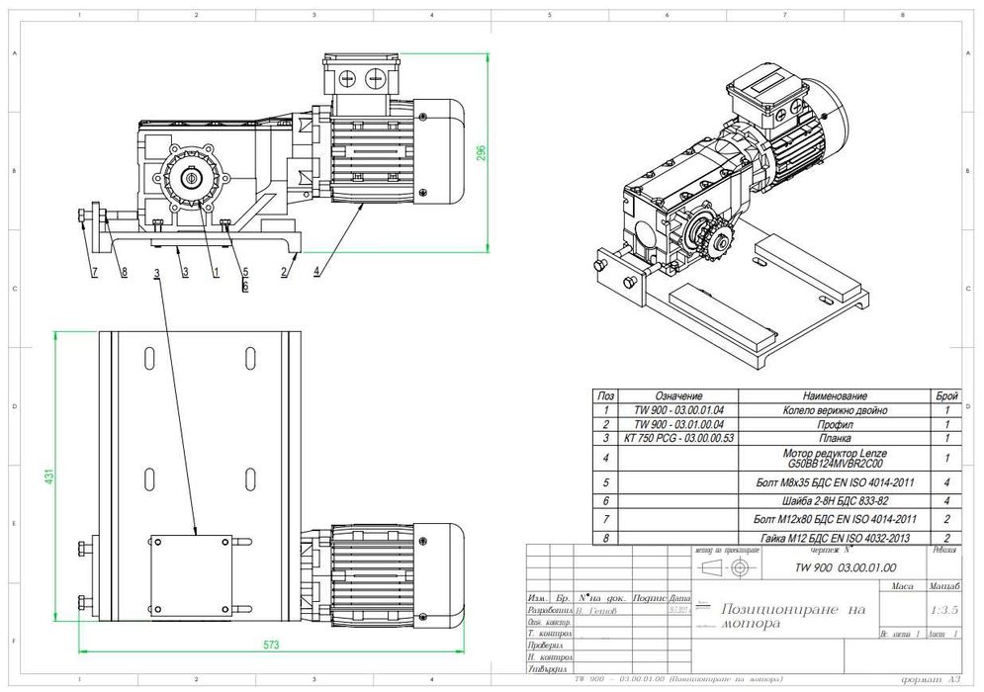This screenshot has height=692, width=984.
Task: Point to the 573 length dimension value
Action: [271, 645]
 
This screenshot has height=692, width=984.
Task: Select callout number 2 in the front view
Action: [283, 270]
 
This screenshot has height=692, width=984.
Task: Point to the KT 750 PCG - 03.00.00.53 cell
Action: [677, 436]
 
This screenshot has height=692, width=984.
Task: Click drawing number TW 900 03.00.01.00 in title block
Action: [846, 568]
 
